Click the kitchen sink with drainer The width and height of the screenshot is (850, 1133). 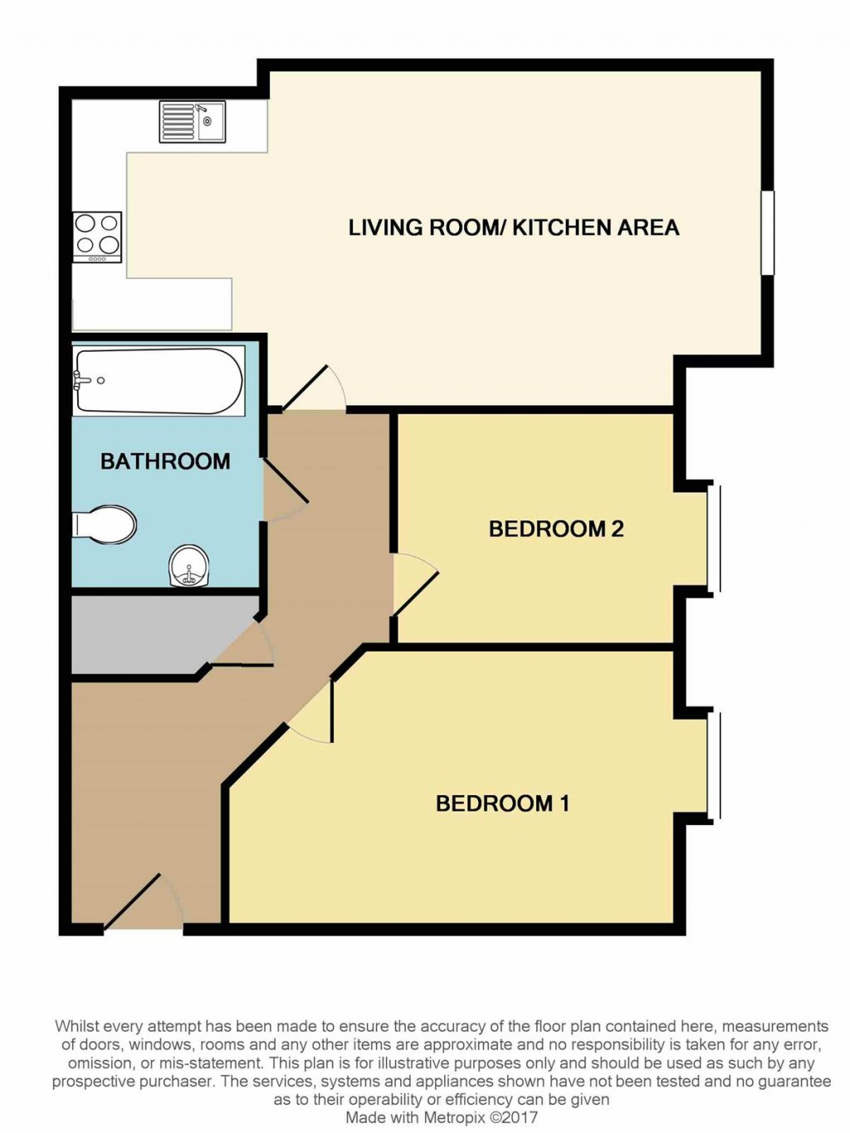pos(192,122)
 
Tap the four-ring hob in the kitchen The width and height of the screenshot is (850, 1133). pos(97,236)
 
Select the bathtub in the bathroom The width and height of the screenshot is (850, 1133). pos(159,381)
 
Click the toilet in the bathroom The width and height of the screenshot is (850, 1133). pos(106,525)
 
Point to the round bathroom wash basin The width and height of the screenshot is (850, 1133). pos(189,567)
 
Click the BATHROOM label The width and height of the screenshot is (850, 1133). pos(165,462)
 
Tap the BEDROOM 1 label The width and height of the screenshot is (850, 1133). pos(502,803)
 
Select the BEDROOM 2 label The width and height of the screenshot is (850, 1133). pos(556,529)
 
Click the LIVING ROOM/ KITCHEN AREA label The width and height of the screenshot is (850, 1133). pos(513,227)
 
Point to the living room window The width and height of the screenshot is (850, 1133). pos(768,232)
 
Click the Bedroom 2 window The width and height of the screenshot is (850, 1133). pos(714,539)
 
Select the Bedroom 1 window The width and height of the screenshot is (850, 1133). pos(714,765)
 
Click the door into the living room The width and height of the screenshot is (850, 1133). pos(314,390)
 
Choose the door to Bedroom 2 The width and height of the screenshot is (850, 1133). pos(414,584)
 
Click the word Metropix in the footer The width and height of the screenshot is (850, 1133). pos(460,1117)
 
